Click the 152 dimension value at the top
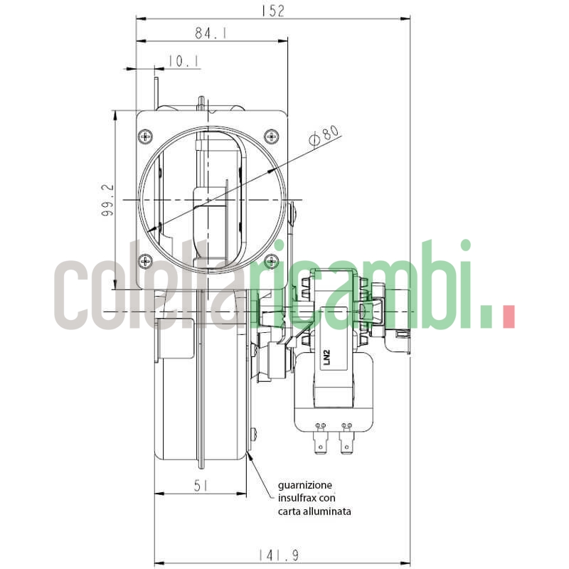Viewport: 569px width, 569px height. (x=272, y=11)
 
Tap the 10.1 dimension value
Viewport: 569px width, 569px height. (x=184, y=63)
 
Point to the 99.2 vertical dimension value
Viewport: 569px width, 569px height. (x=107, y=200)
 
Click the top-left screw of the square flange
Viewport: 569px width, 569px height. (x=146, y=135)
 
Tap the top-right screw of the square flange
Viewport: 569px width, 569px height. (x=270, y=135)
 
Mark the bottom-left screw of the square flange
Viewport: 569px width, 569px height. (x=146, y=260)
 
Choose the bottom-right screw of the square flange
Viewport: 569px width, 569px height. (x=270, y=260)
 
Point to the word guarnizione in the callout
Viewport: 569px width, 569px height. (x=304, y=484)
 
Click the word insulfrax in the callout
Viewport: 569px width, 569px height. (x=295, y=498)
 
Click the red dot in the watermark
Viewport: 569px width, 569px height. (x=509, y=317)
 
